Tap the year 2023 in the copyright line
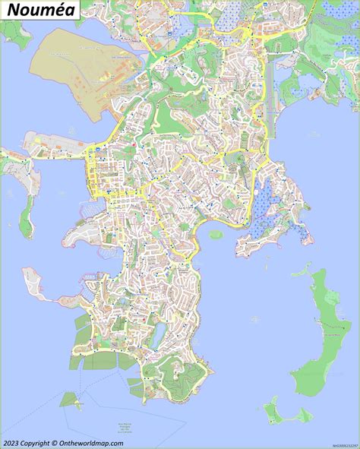[x=12, y=443]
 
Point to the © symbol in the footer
[x=54, y=443]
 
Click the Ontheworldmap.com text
[x=90, y=443]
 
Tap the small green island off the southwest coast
[x=71, y=398]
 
